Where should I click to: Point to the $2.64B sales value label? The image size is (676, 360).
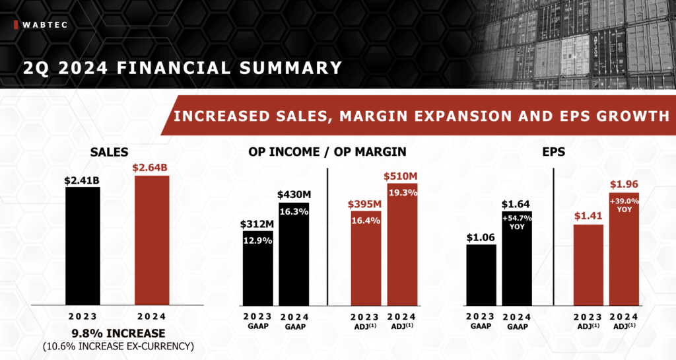pos(152,168)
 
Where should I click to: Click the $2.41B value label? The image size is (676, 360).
pos(83,180)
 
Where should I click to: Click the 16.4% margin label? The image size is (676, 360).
pos(366,221)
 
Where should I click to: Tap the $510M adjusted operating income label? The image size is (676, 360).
pos(401,176)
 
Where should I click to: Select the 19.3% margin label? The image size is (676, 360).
pos(401,192)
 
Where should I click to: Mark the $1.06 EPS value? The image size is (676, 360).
pos(481,237)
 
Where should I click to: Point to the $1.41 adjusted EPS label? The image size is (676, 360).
pos(588,216)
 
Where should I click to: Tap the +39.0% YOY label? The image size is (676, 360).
pos(624,205)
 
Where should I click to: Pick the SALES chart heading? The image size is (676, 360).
pos(109,152)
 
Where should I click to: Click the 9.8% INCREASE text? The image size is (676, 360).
pos(109,333)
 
